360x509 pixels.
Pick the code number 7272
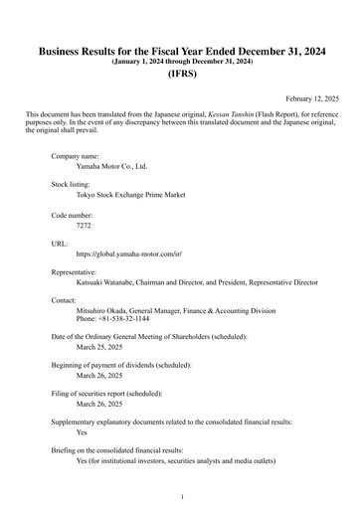pos(84,226)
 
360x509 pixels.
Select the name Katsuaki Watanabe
pos(110,282)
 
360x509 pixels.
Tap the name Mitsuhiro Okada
pos(106,311)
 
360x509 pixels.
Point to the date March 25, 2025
pos(99,348)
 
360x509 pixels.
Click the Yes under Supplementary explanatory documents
pos(83,433)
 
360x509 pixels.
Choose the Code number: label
pos(72,214)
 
